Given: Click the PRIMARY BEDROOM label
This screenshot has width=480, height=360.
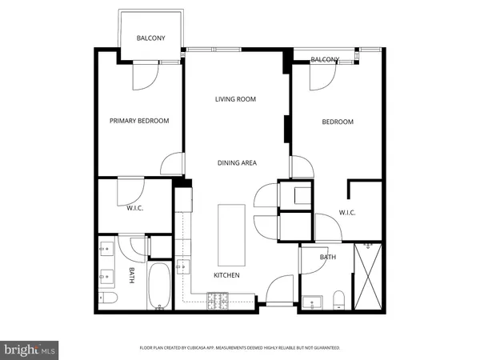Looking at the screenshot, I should [x=139, y=121].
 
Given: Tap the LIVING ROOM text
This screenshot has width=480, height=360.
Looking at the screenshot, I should [x=234, y=100].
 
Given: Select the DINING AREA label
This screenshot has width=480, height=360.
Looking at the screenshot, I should [x=237, y=163].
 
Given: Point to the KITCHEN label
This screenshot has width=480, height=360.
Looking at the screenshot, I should [x=226, y=275].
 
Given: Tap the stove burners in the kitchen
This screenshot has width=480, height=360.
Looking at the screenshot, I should [x=218, y=301].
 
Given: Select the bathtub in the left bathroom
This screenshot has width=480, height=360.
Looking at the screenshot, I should [x=158, y=286].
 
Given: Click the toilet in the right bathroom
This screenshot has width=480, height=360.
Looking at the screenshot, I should [x=338, y=300].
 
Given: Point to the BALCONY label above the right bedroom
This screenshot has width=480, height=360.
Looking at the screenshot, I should [x=325, y=60].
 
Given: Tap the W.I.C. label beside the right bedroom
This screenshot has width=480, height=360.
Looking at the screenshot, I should [x=347, y=212].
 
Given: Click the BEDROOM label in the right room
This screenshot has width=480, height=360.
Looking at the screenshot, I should [x=337, y=122].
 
